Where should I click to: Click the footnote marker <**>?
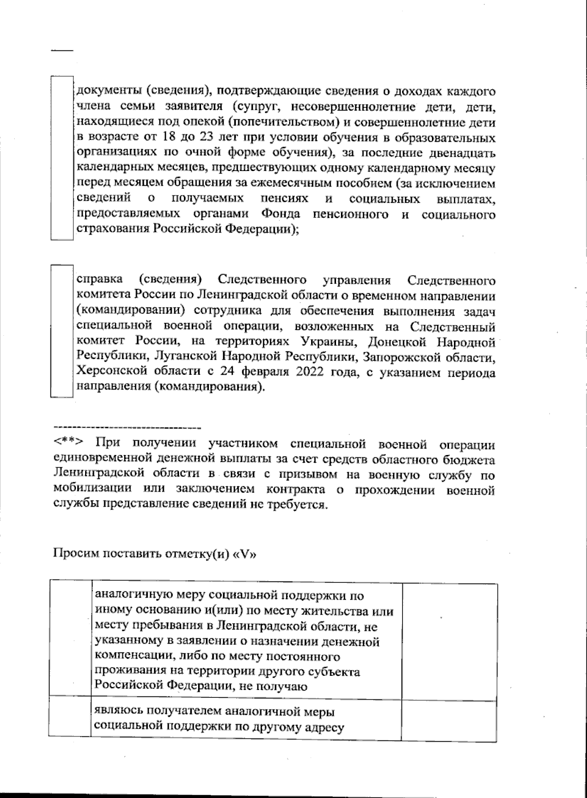68,444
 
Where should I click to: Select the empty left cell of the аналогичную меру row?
70,638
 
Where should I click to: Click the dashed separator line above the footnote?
127,428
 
